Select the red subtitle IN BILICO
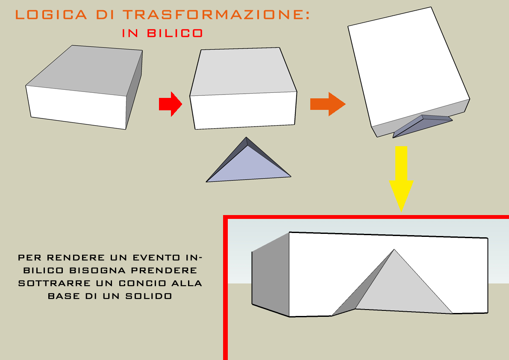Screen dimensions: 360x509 click(x=162, y=33)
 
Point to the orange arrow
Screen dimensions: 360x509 click(x=327, y=104)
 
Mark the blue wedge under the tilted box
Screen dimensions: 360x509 click(x=421, y=125)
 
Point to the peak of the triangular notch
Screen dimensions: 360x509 click(x=394, y=250)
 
